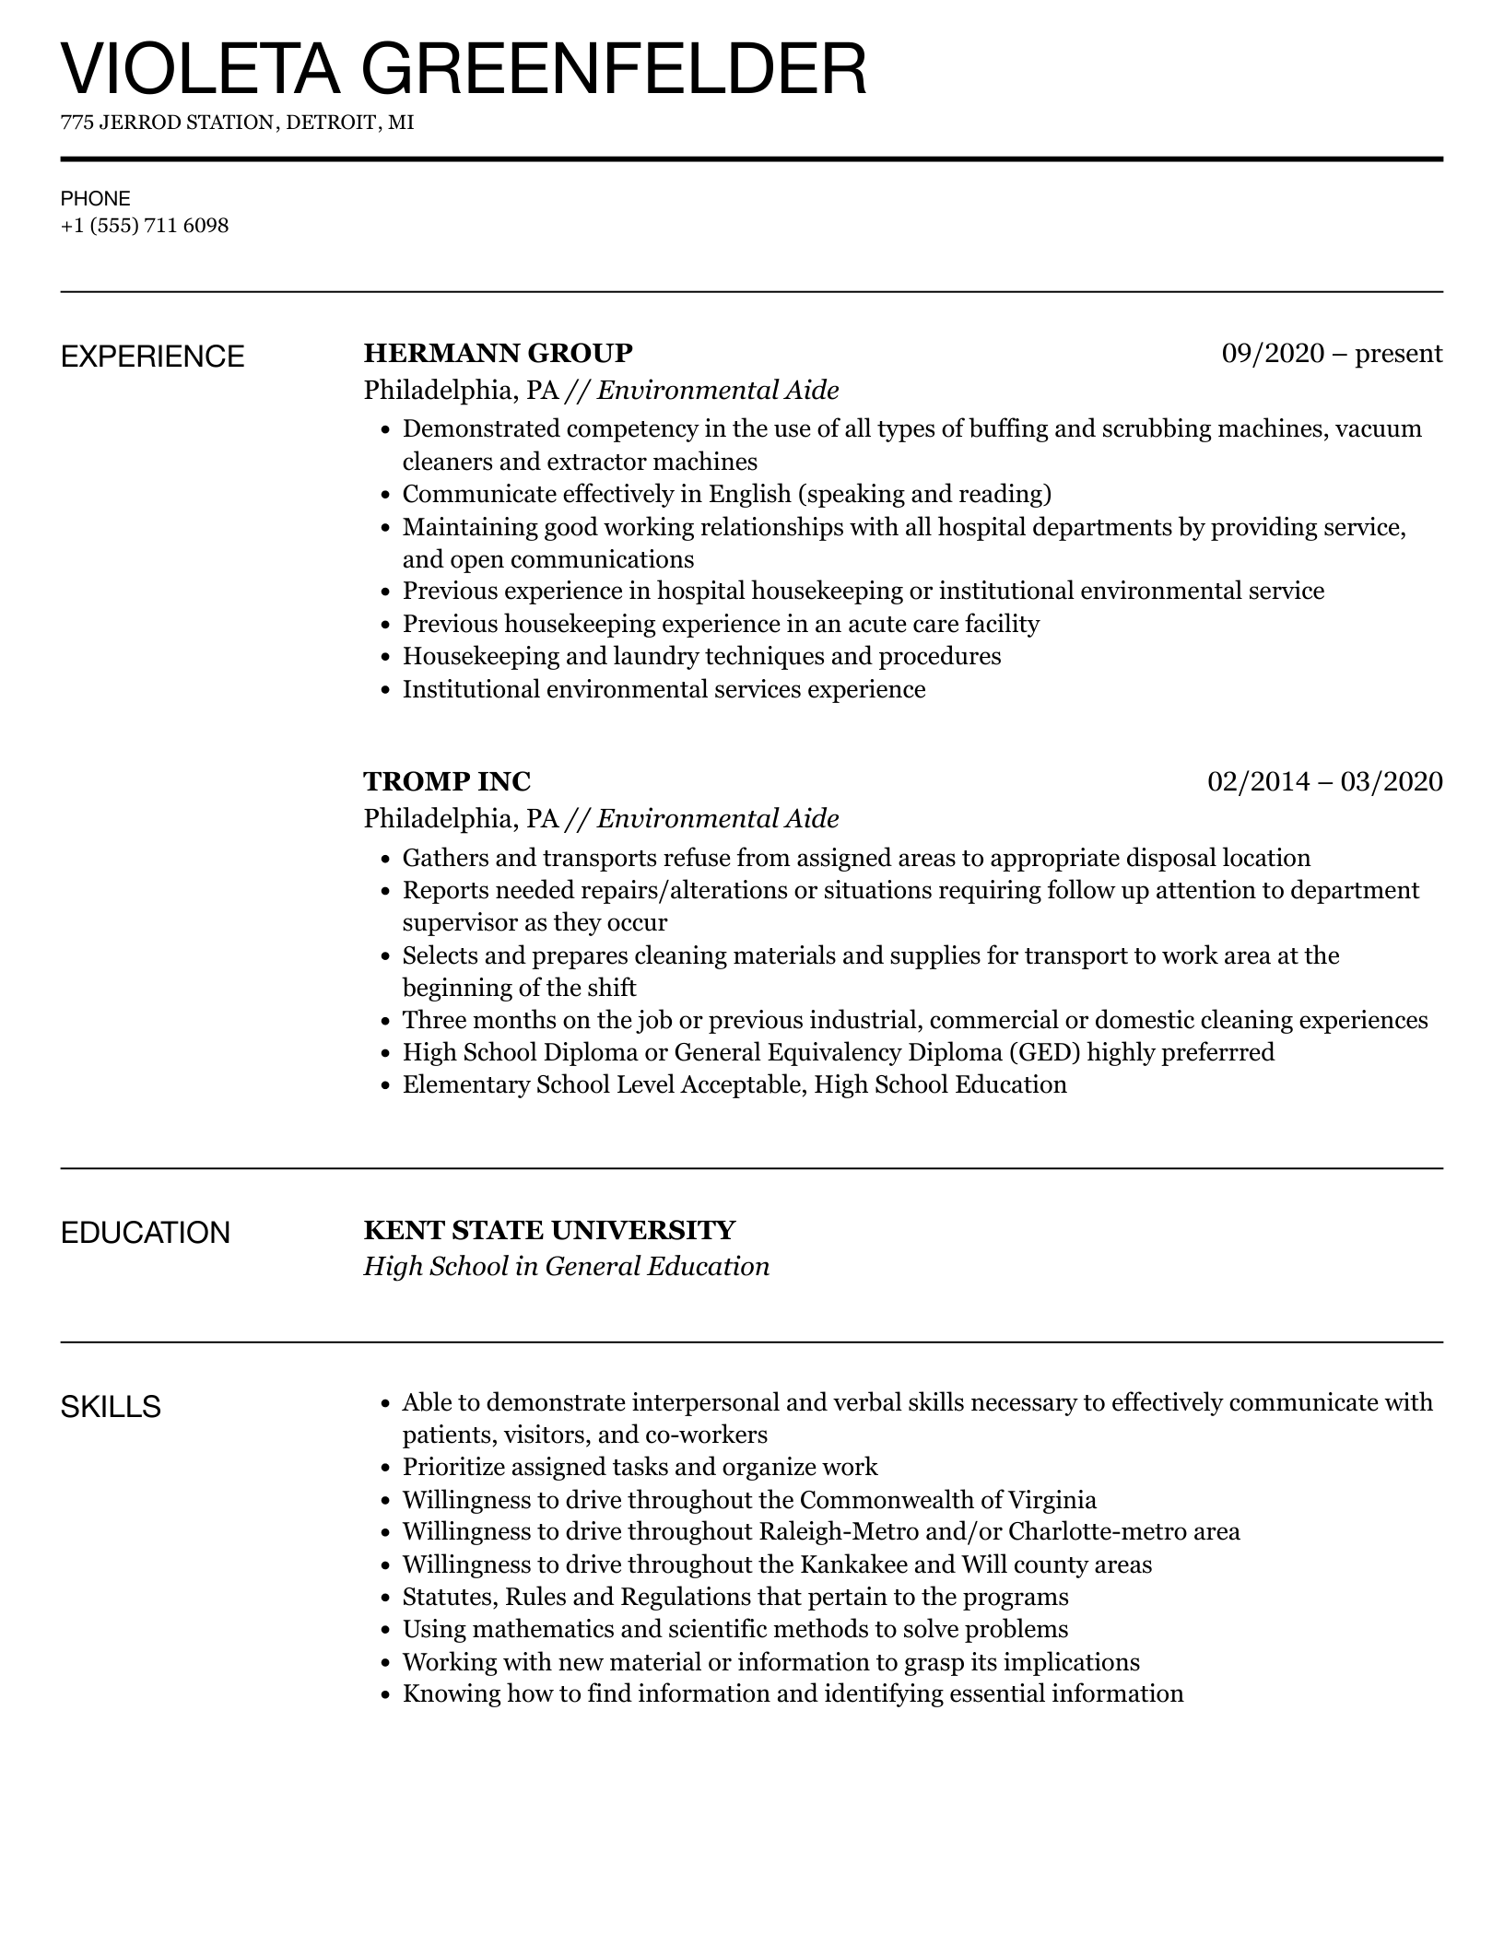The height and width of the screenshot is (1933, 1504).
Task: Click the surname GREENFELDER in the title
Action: tap(614, 69)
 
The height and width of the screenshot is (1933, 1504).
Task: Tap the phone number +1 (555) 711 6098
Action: tap(145, 226)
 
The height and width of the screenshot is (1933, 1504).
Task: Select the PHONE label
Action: tap(96, 198)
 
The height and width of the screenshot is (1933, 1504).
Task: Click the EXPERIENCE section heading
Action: tap(153, 357)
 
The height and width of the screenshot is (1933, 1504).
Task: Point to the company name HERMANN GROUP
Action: tap(498, 353)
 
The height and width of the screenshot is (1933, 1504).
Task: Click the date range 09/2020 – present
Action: tap(1332, 353)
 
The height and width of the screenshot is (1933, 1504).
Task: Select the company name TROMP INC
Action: tap(447, 781)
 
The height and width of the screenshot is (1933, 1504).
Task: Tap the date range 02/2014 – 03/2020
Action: tap(1324, 781)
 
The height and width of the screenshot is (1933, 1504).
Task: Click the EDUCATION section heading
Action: tap(146, 1233)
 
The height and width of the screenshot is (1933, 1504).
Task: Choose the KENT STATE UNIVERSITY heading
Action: tap(549, 1230)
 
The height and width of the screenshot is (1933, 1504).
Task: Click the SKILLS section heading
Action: tap(111, 1407)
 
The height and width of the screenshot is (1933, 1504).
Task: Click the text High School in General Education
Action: tap(566, 1267)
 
